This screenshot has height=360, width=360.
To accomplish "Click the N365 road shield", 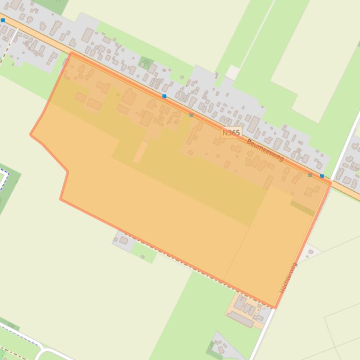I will click(x=231, y=133).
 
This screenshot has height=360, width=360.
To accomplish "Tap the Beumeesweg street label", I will click(x=264, y=150).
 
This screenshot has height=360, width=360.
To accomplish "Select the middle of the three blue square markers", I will click(x=164, y=96).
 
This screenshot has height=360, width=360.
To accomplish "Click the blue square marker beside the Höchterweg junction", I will click(x=322, y=176).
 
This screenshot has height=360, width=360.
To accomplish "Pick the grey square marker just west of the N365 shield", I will click(x=191, y=115).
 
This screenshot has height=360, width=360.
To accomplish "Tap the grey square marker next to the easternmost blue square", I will click(x=310, y=175).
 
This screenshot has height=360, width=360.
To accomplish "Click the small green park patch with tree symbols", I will click(x=146, y=63).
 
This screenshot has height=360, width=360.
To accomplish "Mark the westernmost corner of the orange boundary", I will click(x=31, y=135).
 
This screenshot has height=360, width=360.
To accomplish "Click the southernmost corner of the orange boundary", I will click(x=275, y=308).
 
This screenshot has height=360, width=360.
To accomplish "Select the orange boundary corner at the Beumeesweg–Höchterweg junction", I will click(x=331, y=182).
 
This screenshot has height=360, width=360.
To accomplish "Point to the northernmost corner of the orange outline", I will click(x=71, y=53).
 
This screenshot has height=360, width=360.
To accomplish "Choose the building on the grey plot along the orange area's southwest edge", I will click(x=123, y=240).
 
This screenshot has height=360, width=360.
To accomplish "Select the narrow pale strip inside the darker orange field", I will click(x=140, y=152).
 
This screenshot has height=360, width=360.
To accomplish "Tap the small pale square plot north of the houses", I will click(x=232, y=72).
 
